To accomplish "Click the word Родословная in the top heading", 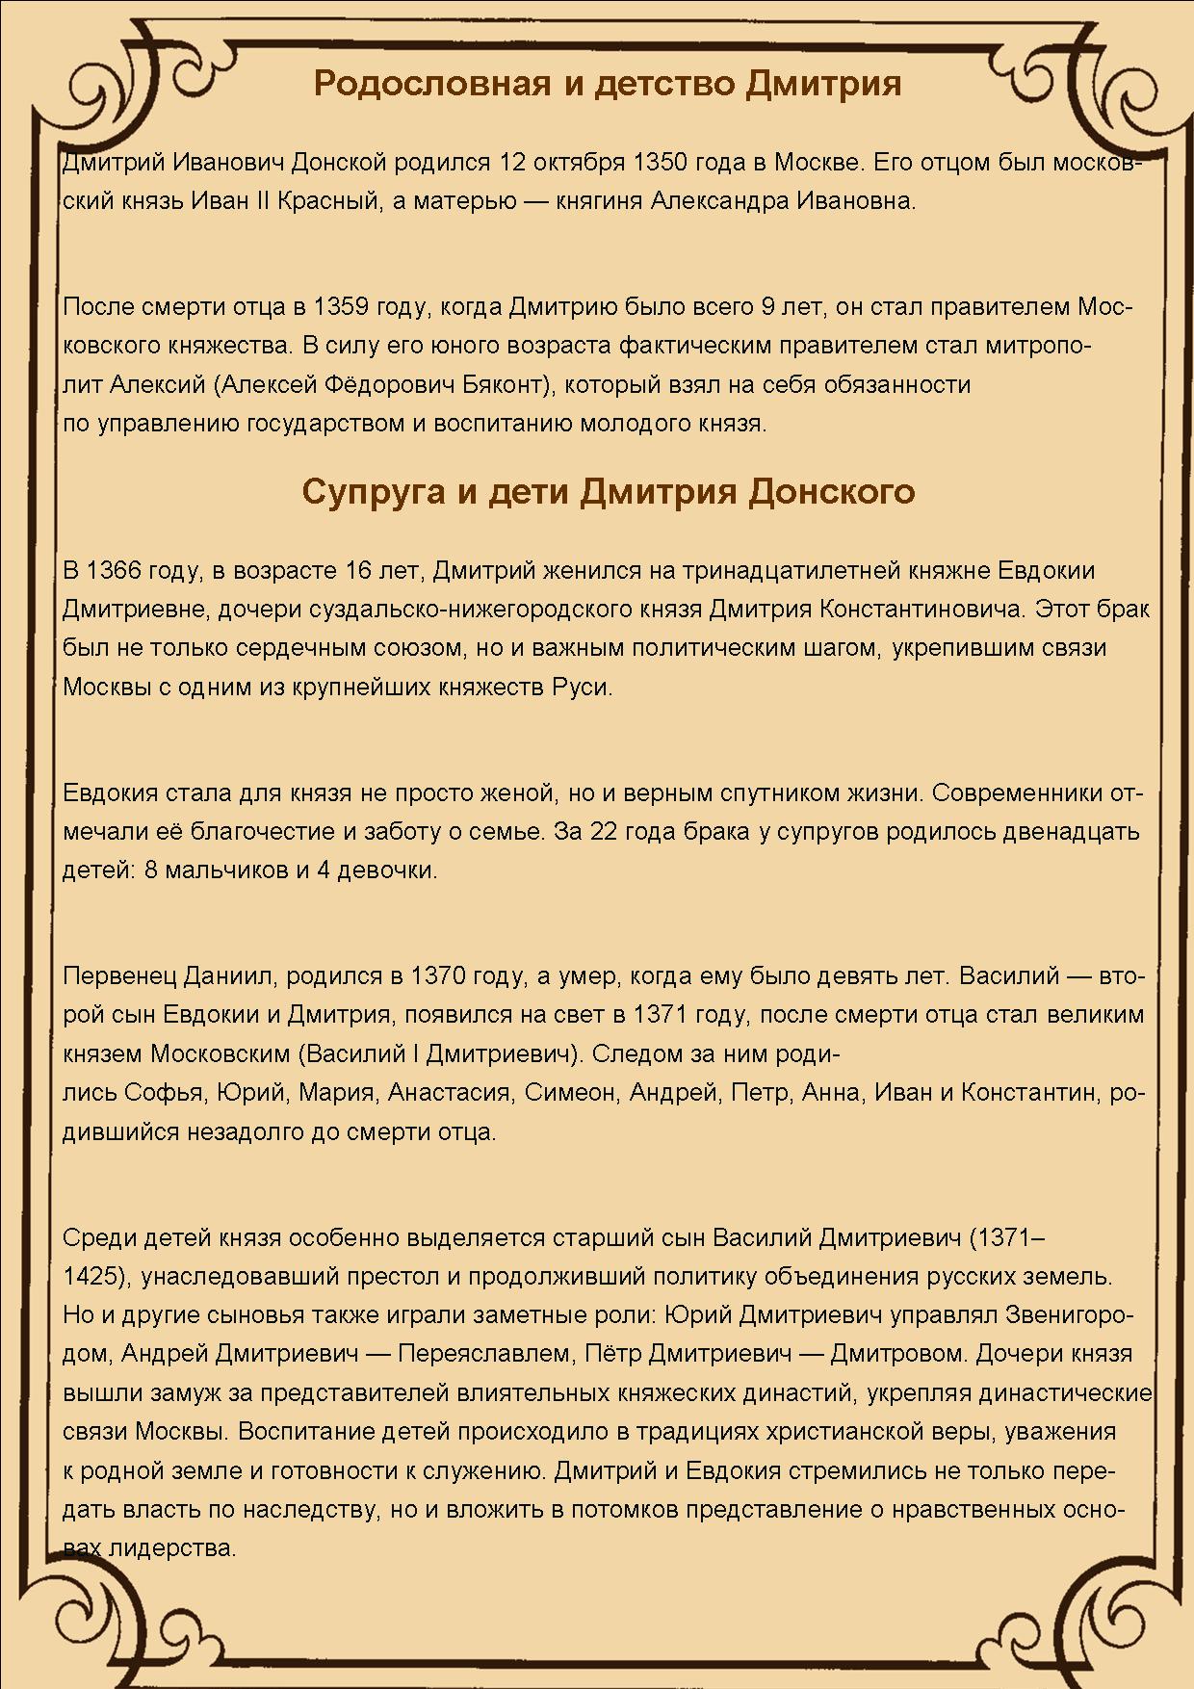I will [432, 84].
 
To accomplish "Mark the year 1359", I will [341, 307].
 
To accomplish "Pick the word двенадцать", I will [1071, 832].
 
